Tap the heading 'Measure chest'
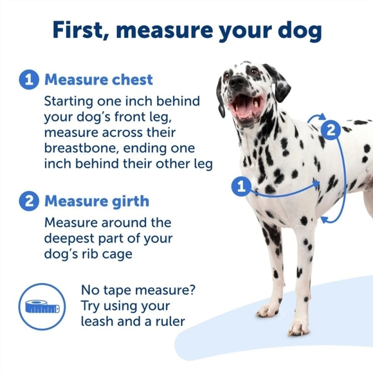[x=98, y=80]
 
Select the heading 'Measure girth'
[x=96, y=201]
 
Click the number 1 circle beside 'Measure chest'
[x=28, y=80]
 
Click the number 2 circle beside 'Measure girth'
[x=28, y=201]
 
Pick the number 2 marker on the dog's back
[x=330, y=130]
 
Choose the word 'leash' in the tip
[x=99, y=321]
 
